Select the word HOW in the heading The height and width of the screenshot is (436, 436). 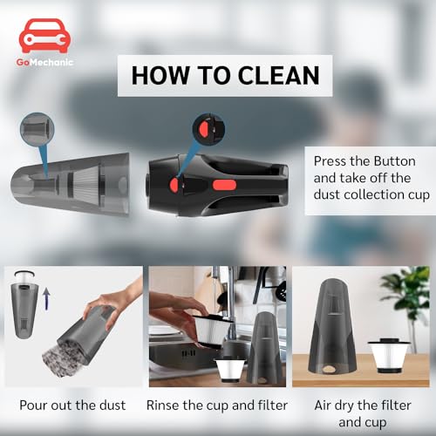(155, 75)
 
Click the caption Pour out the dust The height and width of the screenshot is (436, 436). (72, 405)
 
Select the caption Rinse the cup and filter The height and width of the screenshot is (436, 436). (217, 405)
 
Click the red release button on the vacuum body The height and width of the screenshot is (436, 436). (174, 184)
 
